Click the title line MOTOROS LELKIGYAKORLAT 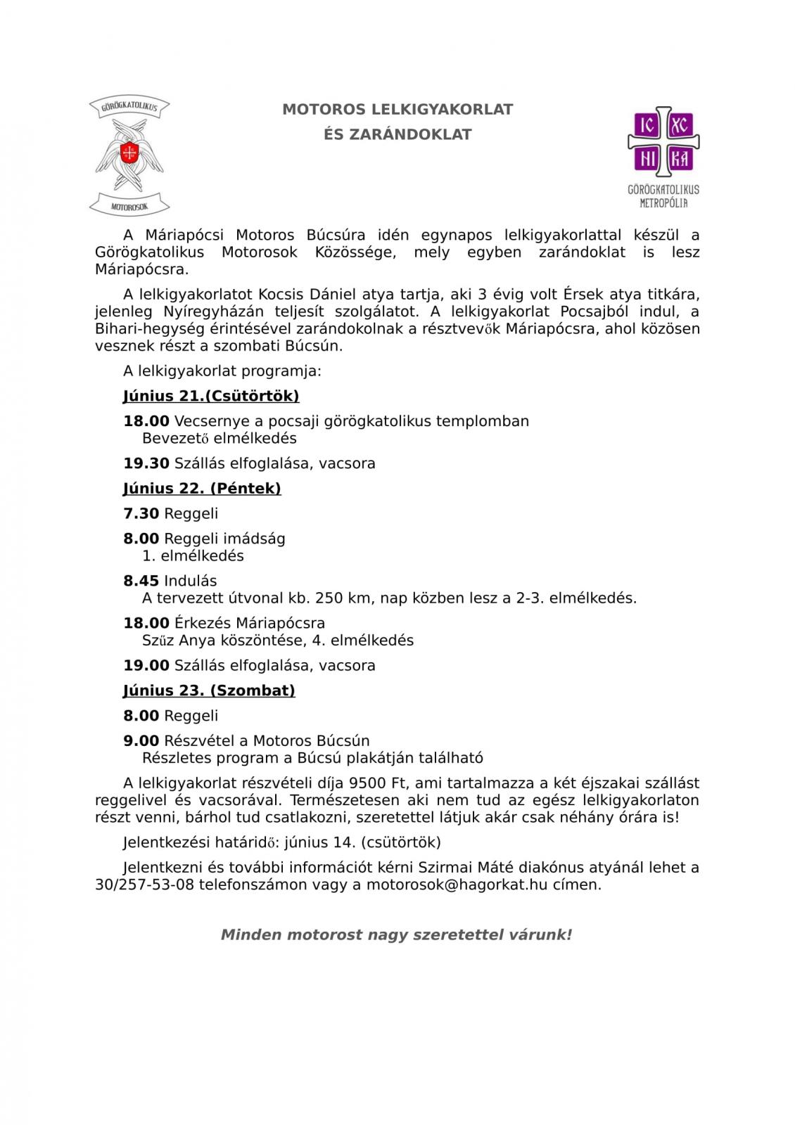click(x=397, y=110)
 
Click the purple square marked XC click(x=680, y=125)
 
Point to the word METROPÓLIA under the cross click(x=663, y=203)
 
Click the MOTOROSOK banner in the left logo click(x=130, y=206)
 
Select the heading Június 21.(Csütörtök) click(x=211, y=396)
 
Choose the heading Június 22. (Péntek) click(x=202, y=488)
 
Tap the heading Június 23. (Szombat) click(x=209, y=690)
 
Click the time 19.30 click(x=146, y=463)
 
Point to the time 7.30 click(x=141, y=513)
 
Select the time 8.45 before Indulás click(x=141, y=581)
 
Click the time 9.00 click(x=141, y=740)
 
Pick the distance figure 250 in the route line click(x=329, y=598)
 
